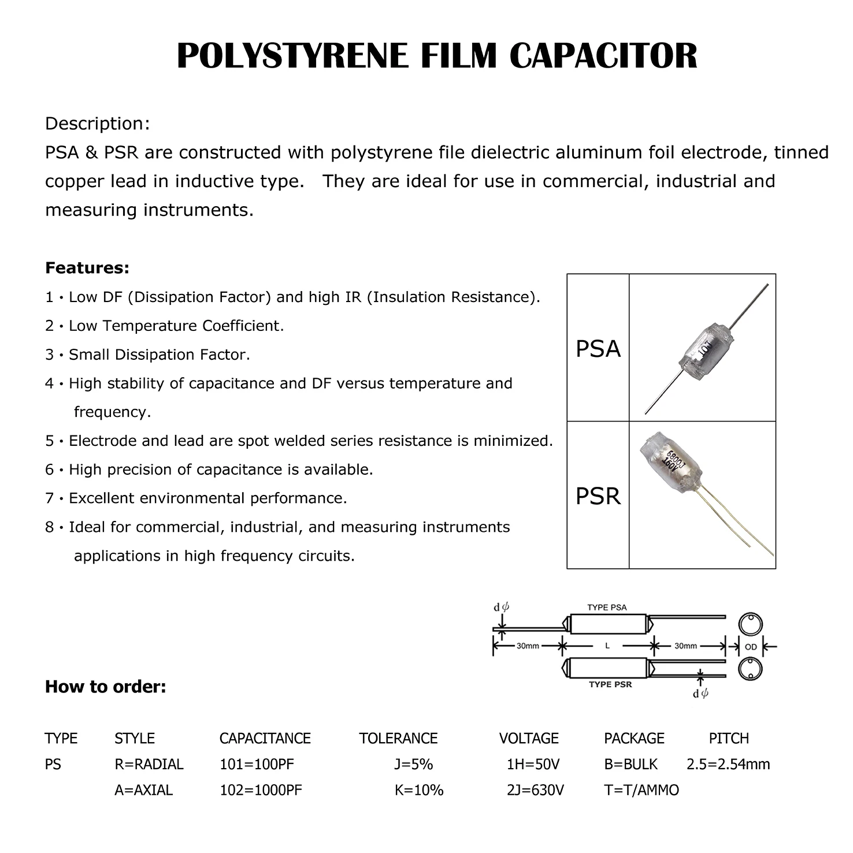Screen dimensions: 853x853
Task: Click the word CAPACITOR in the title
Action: [x=603, y=56]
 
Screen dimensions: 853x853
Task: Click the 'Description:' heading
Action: [x=98, y=124]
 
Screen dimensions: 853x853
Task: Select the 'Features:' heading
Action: [x=87, y=268]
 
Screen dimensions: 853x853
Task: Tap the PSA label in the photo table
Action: [x=598, y=349]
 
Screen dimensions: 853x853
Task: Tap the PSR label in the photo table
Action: [x=598, y=496]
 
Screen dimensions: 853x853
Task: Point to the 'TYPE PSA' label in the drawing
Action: [x=607, y=608]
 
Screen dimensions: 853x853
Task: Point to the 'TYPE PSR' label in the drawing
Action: [x=610, y=684]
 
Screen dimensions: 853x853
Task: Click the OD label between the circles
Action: [x=750, y=647]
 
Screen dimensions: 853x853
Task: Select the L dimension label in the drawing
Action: [x=607, y=646]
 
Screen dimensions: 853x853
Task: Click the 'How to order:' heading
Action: [x=106, y=687]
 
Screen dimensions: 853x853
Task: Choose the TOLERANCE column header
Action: [x=398, y=738]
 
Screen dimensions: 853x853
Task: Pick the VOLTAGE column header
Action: [x=529, y=738]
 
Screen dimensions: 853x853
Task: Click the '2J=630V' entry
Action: [x=535, y=789]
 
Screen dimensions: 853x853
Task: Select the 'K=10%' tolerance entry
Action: [x=419, y=789]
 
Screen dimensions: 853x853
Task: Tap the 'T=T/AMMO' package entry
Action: [x=641, y=789]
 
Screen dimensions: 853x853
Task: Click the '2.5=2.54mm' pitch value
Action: [x=728, y=764]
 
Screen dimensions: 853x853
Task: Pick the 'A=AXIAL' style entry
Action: [x=143, y=789]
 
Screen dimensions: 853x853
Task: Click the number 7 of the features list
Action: [x=49, y=498]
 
